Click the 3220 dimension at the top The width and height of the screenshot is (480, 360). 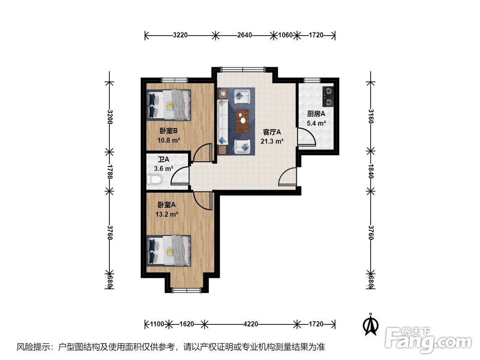click(180, 35)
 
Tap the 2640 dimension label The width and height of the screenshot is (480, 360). click(245, 35)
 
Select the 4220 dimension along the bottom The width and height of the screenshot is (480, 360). click(251, 324)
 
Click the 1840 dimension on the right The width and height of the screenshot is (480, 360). click(371, 171)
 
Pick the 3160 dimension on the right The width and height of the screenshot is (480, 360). click(371, 116)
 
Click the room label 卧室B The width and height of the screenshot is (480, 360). click(168, 131)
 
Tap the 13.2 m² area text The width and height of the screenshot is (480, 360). click(167, 214)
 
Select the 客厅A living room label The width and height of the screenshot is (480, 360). click(272, 132)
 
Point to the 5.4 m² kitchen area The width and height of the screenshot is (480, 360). click(316, 123)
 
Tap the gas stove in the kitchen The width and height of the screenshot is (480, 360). click(328, 96)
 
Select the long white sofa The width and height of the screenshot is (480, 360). click(223, 122)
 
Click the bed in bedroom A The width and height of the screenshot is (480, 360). click(169, 251)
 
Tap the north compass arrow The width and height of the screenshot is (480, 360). click(371, 324)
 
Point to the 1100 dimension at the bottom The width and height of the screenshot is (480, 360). click(157, 324)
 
